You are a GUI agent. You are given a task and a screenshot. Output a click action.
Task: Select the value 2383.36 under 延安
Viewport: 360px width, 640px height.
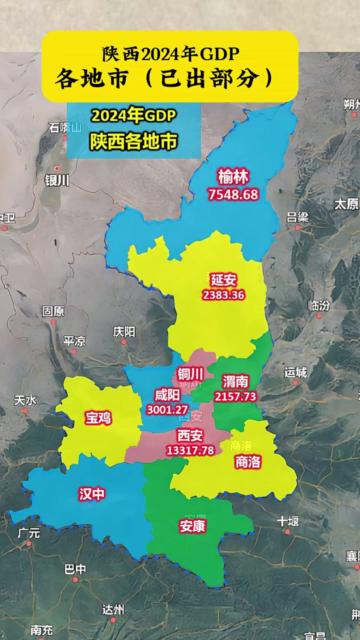[223, 295]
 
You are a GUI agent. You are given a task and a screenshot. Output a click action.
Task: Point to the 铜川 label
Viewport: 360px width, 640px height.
[190, 373]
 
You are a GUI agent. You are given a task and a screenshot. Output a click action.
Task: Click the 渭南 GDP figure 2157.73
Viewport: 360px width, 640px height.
[235, 396]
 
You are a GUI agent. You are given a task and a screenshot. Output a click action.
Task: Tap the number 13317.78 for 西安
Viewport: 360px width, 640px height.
[190, 450]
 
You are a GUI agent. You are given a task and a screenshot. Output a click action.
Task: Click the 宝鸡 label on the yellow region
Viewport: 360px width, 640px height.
[98, 418]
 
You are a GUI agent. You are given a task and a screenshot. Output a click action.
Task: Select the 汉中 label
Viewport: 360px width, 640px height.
[92, 494]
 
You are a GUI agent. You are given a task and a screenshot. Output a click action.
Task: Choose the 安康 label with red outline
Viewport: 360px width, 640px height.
[192, 526]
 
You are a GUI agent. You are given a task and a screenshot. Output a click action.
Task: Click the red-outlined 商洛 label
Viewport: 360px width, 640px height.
[248, 462]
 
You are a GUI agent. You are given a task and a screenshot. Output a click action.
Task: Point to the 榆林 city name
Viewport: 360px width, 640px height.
[233, 177]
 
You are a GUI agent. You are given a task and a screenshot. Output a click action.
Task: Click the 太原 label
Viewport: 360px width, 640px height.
[347, 204]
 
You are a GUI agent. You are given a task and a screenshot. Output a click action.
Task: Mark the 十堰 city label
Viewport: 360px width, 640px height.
[288, 521]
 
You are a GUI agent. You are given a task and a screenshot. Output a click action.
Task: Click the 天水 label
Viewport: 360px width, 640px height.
[25, 400]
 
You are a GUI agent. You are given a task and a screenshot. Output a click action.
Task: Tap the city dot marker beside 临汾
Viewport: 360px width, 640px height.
[318, 316]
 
